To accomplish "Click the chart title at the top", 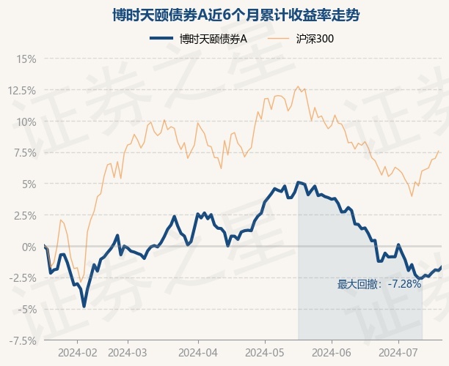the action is (236, 15).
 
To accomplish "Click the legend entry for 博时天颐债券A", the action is (198, 39).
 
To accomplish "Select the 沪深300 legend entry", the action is (301, 39).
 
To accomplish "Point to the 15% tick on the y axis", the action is (26, 59).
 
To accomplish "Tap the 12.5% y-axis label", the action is (22, 91).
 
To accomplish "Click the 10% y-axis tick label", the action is (26, 122).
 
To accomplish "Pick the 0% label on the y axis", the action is (29, 247).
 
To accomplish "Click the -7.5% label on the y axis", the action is (23, 341).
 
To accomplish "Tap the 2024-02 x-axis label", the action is (77, 353).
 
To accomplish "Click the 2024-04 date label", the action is (198, 353).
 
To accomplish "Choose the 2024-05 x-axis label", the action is (265, 353).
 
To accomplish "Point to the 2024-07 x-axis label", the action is (398, 353).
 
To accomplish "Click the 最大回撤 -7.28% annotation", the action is (379, 284).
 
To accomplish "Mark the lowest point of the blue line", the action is (84, 306).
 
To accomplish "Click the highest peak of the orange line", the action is (298, 86).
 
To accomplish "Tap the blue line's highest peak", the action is (299, 182).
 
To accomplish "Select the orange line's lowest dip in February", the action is (81, 282).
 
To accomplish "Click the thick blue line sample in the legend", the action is (161, 39).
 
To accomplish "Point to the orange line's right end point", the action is (439, 151).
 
